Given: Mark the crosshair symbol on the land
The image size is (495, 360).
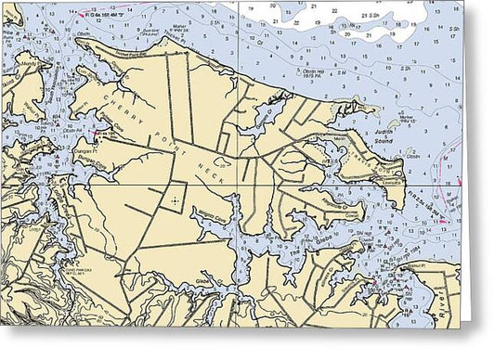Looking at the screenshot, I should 175,200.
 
